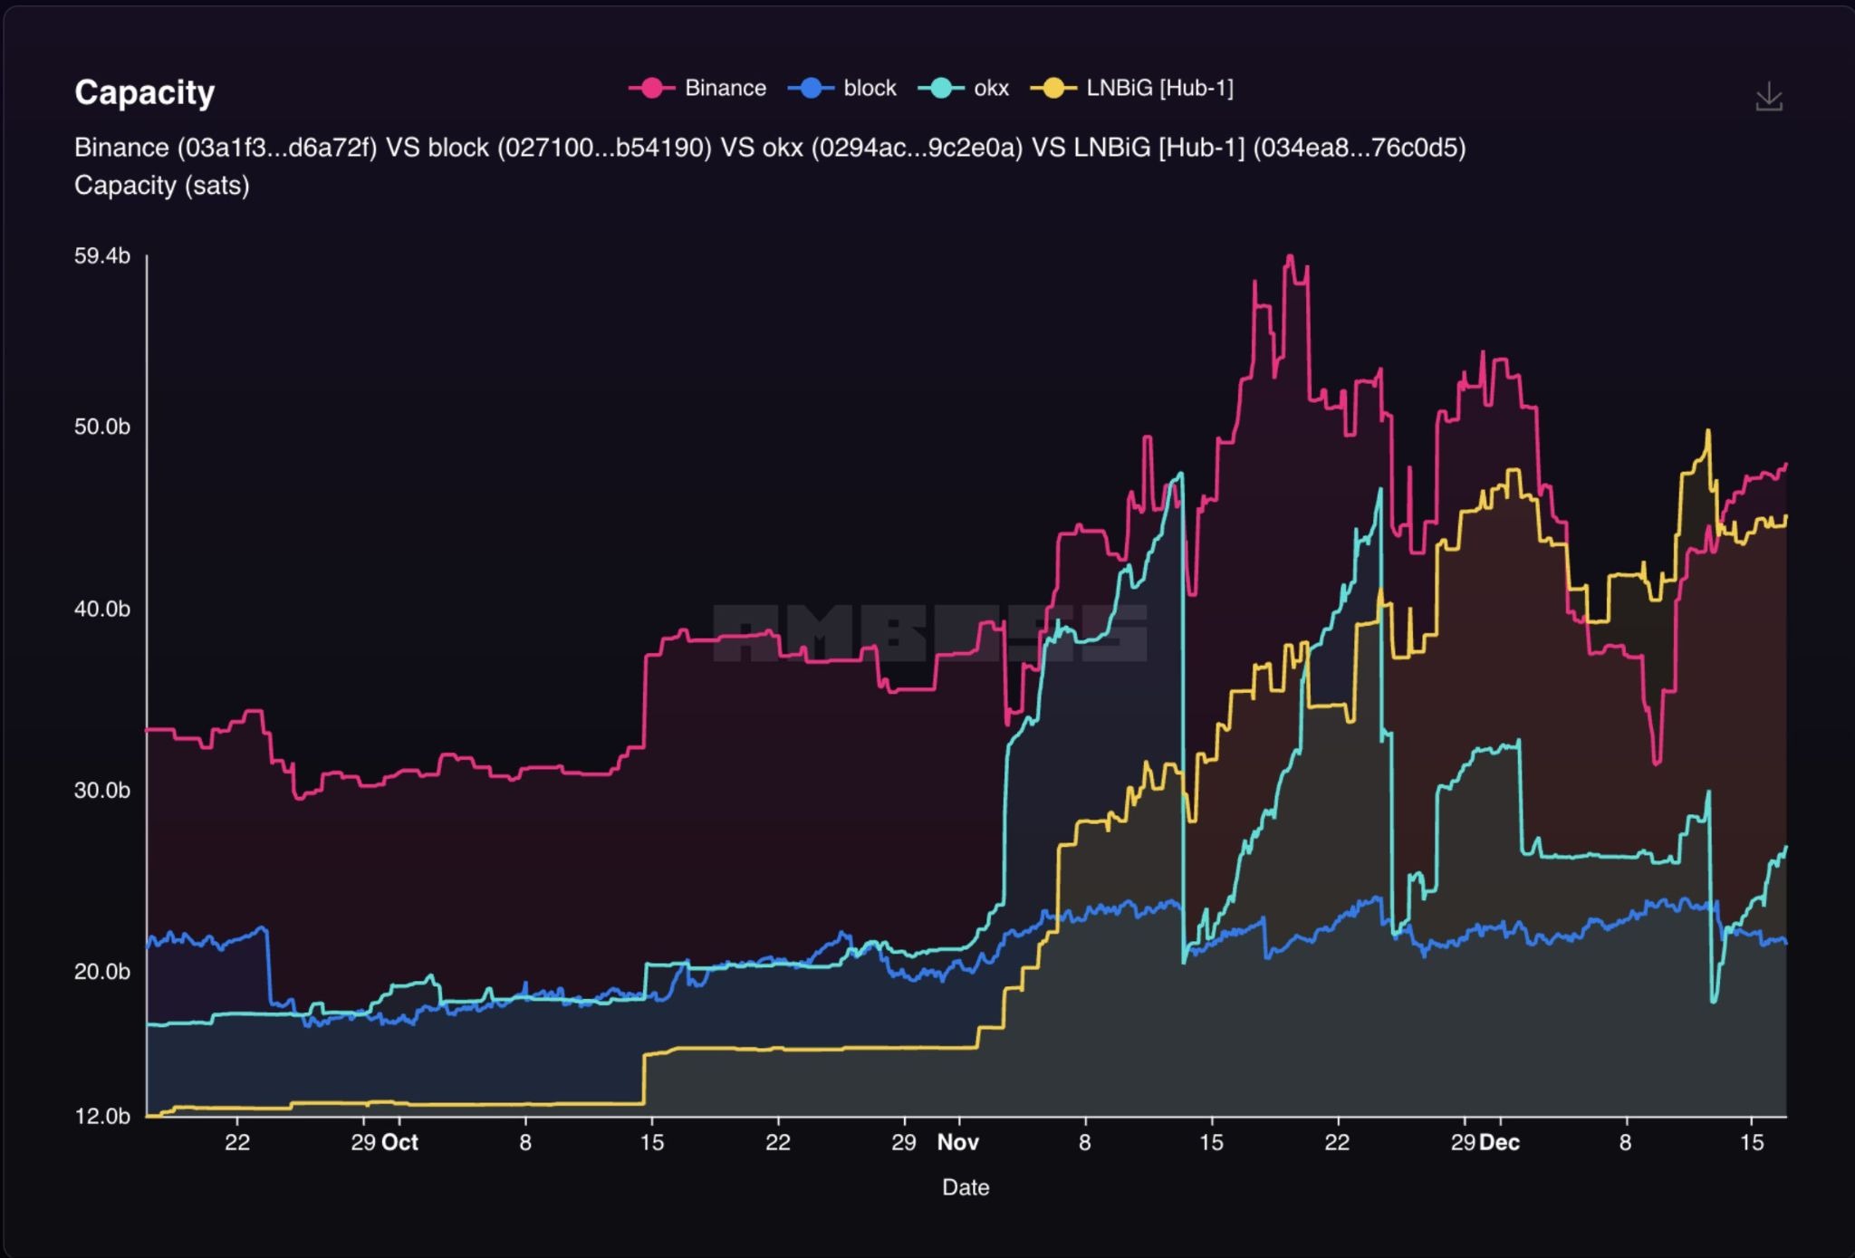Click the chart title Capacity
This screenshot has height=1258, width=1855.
point(144,92)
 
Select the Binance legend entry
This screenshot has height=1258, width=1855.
point(697,88)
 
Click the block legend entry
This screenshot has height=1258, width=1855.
point(842,88)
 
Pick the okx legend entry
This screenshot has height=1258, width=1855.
point(964,88)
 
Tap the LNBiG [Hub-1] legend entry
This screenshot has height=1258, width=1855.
point(1132,88)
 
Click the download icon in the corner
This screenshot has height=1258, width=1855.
point(1768,97)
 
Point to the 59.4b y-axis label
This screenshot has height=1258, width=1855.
point(101,256)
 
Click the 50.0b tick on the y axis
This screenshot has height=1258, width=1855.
point(101,427)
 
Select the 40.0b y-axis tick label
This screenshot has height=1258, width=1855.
point(101,609)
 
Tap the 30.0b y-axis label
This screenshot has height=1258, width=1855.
point(101,790)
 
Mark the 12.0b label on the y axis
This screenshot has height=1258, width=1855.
point(101,1116)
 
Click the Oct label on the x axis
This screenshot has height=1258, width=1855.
point(399,1142)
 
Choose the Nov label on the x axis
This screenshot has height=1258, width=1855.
point(957,1142)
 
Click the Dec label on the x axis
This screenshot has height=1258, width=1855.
point(1499,1142)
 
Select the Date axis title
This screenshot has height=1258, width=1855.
point(965,1187)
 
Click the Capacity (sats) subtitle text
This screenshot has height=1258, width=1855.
point(161,186)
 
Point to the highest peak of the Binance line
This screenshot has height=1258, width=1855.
point(1290,257)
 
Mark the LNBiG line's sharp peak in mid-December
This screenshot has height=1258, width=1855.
point(1707,432)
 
